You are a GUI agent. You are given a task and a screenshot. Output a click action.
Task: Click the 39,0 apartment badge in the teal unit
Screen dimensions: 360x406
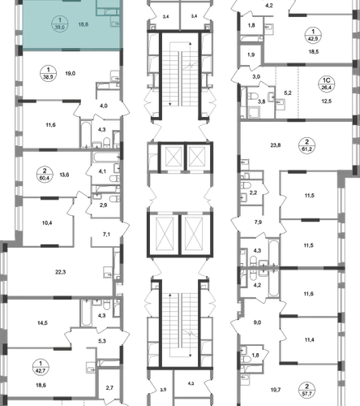tap(60, 24)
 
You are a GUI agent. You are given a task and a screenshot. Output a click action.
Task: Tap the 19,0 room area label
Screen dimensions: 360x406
tap(71, 73)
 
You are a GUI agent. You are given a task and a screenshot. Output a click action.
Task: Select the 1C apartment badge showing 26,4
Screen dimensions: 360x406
tap(327, 84)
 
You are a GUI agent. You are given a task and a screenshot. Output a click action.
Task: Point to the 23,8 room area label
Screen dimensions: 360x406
tap(276, 145)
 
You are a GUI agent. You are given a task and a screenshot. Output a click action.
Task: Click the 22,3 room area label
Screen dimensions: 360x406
tap(60, 272)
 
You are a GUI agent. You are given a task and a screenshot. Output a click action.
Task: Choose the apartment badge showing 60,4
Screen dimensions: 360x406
tap(45, 175)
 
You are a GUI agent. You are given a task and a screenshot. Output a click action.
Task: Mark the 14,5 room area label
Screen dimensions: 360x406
tap(42, 323)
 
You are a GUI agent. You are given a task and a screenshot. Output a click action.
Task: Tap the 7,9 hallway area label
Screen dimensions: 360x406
tap(258, 222)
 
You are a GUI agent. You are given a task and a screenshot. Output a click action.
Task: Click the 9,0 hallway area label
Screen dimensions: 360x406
tap(257, 322)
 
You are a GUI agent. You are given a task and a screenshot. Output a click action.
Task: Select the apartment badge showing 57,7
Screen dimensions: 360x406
tap(306, 390)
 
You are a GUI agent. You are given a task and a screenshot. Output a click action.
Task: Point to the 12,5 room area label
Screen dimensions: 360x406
tap(327, 101)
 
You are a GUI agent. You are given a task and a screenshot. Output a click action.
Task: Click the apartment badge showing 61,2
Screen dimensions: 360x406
tap(306, 145)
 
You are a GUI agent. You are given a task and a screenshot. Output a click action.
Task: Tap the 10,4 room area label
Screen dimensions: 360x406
tap(47, 223)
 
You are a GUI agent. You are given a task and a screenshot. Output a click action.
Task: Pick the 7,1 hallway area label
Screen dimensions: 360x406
tap(106, 235)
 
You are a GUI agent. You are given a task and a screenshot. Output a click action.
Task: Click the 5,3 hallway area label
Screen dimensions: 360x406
tap(102, 341)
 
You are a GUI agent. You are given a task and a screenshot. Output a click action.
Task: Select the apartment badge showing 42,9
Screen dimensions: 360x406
tap(313, 35)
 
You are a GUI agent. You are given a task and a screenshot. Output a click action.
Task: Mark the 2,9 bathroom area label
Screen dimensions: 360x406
tap(103, 205)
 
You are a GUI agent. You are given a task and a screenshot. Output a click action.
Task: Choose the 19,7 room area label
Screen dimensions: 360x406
tap(276, 390)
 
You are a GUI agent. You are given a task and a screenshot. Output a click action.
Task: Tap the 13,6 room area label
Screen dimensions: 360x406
tap(64, 175)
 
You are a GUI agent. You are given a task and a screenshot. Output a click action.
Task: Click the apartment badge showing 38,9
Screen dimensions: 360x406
tap(48, 74)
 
